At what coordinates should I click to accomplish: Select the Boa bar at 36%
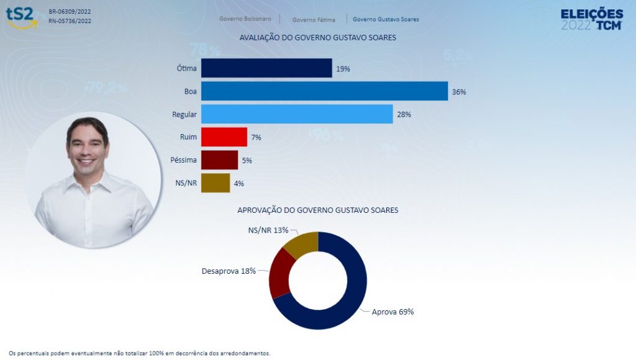(324, 91)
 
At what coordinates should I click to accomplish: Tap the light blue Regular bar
(297, 114)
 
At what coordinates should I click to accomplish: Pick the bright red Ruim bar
(224, 137)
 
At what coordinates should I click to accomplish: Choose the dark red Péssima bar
(219, 160)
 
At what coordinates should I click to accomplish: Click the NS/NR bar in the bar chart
(216, 183)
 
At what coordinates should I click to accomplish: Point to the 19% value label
(343, 69)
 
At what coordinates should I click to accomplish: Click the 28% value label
(404, 115)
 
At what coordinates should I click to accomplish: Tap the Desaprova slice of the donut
(279, 276)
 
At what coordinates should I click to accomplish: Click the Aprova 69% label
(393, 312)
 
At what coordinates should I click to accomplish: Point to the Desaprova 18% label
(229, 271)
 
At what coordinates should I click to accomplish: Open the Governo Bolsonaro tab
(245, 19)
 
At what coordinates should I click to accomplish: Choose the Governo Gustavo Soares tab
(386, 19)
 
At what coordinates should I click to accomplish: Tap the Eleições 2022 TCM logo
(591, 19)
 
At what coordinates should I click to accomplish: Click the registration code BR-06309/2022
(70, 12)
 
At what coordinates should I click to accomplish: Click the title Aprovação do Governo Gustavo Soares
(318, 210)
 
